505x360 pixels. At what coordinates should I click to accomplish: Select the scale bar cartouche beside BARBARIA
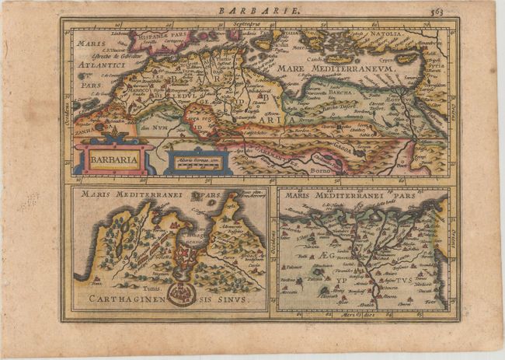197,161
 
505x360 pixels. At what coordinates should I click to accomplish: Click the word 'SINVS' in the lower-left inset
232,299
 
